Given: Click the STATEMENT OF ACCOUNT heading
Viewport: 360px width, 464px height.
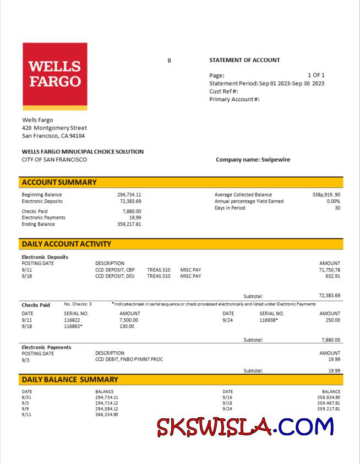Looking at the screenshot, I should (x=244, y=60).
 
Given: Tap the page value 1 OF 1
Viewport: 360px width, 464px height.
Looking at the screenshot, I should (x=316, y=75).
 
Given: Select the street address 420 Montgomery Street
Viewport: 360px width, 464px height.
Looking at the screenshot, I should (x=54, y=128).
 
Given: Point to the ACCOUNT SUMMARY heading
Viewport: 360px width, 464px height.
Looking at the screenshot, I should (x=59, y=182).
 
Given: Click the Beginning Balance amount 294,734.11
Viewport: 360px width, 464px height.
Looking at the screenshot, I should (x=129, y=195).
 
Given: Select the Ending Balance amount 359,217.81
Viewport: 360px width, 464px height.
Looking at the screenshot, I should (x=129, y=224).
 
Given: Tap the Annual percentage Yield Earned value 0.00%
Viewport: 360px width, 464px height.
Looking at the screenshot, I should (x=333, y=201).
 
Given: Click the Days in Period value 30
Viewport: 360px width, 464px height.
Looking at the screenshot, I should (x=337, y=208).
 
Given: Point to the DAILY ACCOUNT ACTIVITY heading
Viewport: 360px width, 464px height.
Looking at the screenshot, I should (x=66, y=244).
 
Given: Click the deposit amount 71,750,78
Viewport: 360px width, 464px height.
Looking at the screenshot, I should (x=329, y=270).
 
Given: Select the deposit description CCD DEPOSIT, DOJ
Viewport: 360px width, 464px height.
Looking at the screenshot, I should (x=114, y=276).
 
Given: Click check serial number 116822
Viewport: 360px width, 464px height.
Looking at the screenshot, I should (x=72, y=320).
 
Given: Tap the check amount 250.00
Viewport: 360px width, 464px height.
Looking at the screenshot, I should (x=332, y=320).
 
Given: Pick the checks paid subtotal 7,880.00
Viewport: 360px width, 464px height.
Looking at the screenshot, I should (x=330, y=340).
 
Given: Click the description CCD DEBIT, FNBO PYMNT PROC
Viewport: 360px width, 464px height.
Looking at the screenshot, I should (x=129, y=359).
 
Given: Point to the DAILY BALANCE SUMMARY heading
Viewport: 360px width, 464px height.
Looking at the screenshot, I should (x=69, y=379).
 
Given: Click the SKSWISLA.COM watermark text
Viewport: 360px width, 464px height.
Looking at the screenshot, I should (x=245, y=427).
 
